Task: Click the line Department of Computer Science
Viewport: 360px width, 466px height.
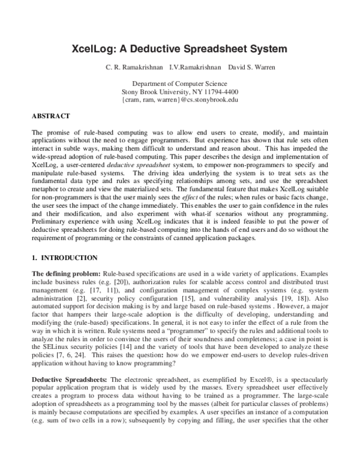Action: (180, 83)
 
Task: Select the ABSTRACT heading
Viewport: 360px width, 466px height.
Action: (50, 115)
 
